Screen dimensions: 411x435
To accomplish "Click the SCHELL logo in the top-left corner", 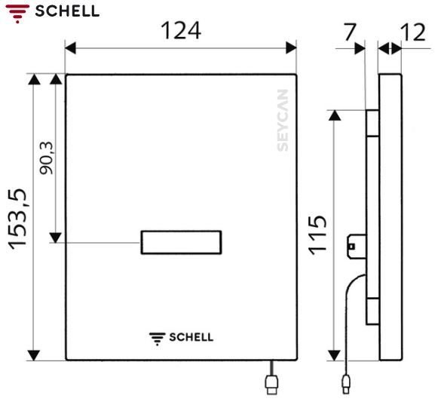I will pyautogui.click(x=51, y=11).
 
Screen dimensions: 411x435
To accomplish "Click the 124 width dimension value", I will pyautogui.click(x=180, y=32).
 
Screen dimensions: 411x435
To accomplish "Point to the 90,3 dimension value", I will pyautogui.click(x=47, y=159).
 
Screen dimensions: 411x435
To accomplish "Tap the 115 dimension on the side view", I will pyautogui.click(x=318, y=235).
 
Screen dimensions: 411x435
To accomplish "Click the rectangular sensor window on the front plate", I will pyautogui.click(x=181, y=242).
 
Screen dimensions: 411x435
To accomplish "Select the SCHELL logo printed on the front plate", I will pyautogui.click(x=181, y=336).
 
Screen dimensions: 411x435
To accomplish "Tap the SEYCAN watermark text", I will pyautogui.click(x=282, y=121).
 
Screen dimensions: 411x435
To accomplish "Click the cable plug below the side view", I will pyautogui.click(x=346, y=385).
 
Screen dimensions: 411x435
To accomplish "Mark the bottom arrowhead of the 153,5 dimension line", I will pyautogui.click(x=33, y=354).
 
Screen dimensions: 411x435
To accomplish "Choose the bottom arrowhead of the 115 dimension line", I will pyautogui.click(x=335, y=354).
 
